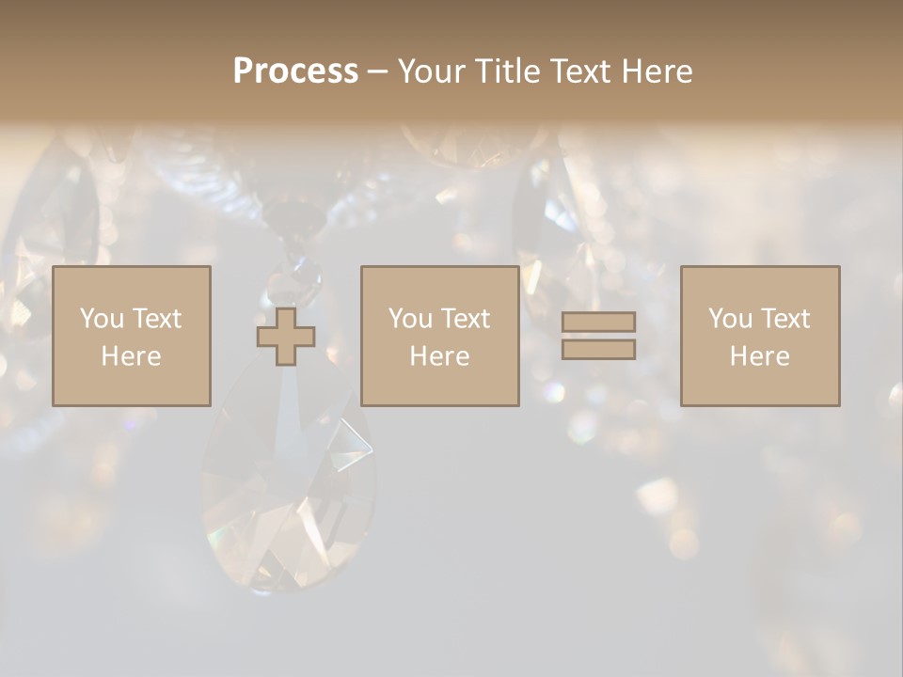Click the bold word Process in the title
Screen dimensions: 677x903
tap(295, 71)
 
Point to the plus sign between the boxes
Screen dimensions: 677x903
tap(286, 336)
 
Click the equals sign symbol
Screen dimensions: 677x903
tap(598, 336)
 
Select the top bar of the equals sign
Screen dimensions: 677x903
tap(598, 322)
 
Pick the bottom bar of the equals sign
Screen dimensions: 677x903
tap(598, 350)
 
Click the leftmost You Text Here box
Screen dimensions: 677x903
tap(132, 336)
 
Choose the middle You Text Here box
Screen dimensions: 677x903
tap(440, 336)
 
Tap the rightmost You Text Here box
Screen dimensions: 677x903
tap(760, 336)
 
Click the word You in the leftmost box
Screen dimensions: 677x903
tap(102, 319)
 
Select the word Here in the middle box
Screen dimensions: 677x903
tap(440, 356)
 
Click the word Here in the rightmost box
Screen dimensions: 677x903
tap(760, 356)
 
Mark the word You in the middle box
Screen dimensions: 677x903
tap(410, 319)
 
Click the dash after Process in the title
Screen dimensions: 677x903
tap(378, 71)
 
